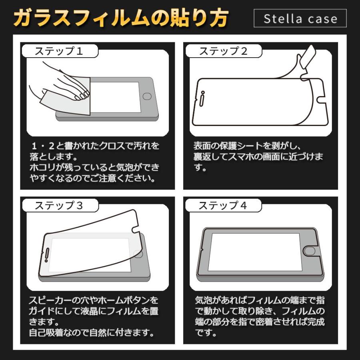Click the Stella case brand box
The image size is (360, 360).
[x=300, y=18]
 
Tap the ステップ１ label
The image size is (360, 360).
[x=59, y=51]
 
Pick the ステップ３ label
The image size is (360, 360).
[x=59, y=206]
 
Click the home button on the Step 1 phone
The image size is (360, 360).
[x=148, y=97]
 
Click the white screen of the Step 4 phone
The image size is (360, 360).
[x=254, y=251]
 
